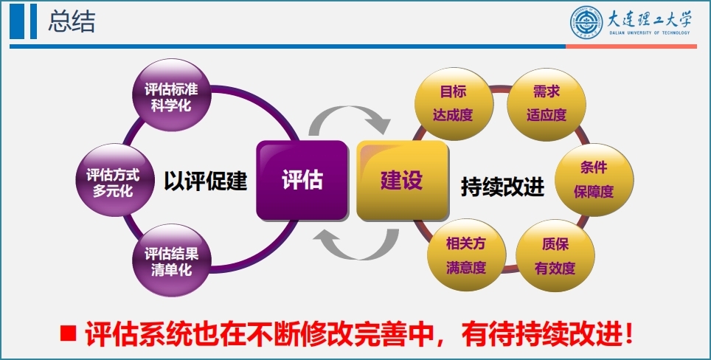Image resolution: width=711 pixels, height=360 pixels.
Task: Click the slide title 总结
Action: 72,22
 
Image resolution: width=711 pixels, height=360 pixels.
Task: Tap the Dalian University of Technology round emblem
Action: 586,21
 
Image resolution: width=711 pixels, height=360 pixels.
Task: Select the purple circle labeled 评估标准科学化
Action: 171,95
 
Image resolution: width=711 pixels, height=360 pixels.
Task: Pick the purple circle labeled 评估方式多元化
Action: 113,181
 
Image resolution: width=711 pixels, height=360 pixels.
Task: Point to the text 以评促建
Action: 206,181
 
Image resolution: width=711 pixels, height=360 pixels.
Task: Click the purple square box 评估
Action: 302,181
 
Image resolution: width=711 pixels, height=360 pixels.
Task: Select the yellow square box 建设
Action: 402,181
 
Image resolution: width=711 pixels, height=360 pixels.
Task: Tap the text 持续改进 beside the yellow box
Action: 502,187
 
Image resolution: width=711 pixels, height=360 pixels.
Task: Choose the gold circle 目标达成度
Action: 454,104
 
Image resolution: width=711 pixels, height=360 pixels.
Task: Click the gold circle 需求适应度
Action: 547,104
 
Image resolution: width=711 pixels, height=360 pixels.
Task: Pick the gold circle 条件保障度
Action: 594,180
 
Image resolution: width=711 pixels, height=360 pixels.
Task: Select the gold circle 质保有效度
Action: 555,255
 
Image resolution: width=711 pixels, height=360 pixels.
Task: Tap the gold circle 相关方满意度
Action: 466,255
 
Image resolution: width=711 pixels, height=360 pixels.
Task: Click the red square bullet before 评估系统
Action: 69,333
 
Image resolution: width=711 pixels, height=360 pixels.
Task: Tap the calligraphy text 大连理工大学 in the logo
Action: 649,18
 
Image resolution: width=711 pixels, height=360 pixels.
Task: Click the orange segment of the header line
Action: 631,46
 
